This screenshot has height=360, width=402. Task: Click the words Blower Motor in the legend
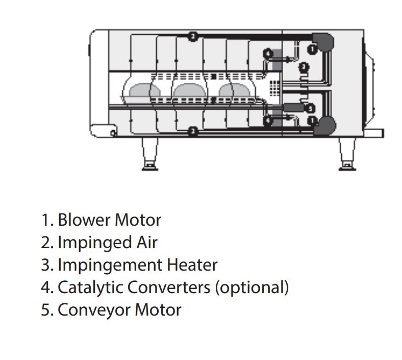[x=109, y=220]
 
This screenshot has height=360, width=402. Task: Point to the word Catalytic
[x=90, y=287]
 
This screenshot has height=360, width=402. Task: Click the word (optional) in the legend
[x=252, y=287]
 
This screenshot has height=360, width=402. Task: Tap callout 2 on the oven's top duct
[x=192, y=36]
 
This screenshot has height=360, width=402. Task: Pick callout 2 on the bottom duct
[x=192, y=132]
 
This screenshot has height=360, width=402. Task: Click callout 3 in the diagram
[x=304, y=66]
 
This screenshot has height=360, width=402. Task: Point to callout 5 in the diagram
[x=310, y=108]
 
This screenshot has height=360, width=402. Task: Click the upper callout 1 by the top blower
[x=312, y=49]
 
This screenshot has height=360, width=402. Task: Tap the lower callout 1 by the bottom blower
[x=312, y=120]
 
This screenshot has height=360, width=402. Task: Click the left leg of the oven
[x=149, y=153]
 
